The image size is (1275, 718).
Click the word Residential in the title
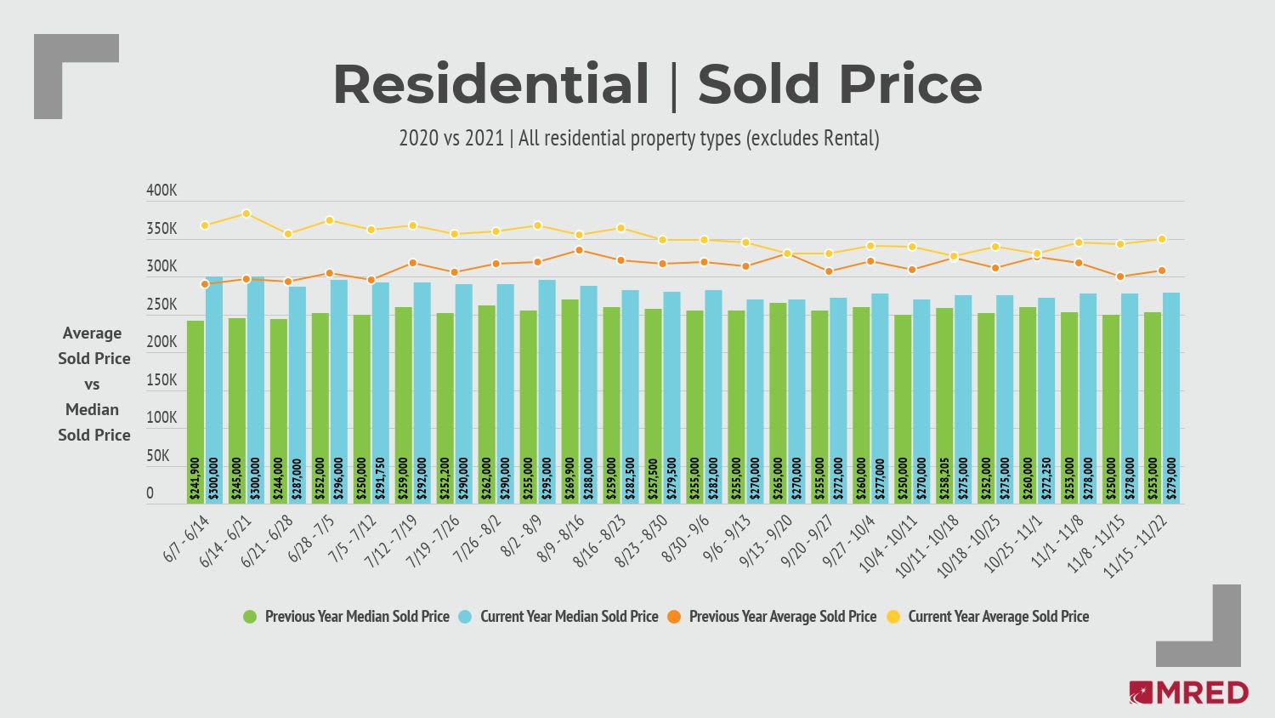(490, 85)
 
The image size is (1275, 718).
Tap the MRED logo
(1188, 692)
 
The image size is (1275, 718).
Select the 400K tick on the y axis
(161, 191)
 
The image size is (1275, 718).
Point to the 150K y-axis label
(161, 380)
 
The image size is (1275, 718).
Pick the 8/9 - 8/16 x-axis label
(562, 542)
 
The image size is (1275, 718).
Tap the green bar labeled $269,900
(569, 401)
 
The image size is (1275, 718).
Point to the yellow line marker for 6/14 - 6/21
(246, 214)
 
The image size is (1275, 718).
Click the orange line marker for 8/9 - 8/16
(579, 250)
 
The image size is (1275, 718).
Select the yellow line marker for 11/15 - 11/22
(1162, 239)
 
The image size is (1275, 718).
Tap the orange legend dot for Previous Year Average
(674, 617)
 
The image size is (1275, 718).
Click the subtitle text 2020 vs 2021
(451, 138)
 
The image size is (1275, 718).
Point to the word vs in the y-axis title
(92, 385)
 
